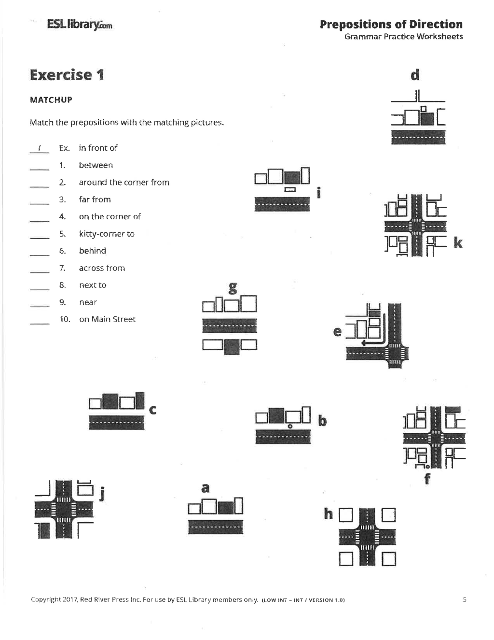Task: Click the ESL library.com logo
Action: coord(80,25)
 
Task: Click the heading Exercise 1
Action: coord(67,75)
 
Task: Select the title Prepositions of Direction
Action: coord(391,25)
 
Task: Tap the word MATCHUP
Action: coord(51,100)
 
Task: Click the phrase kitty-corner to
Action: coord(107,234)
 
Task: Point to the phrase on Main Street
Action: coord(107,319)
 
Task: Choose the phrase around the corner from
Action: coord(124,182)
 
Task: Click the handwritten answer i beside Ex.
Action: coord(40,148)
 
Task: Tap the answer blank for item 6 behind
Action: coord(40,255)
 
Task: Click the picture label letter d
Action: coord(415,75)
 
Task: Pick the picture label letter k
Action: coord(458,243)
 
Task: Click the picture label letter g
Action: coord(233,288)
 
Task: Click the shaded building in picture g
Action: coord(232,347)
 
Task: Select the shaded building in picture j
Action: coord(44,531)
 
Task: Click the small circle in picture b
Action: coord(290,426)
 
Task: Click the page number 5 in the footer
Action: coord(465,599)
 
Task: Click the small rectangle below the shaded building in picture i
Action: coord(290,189)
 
